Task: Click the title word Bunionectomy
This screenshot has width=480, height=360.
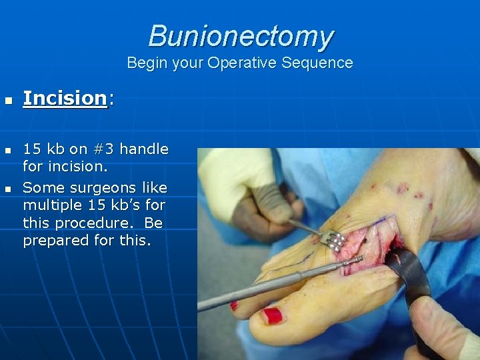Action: coord(241,36)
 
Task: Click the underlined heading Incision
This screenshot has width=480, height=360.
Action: coord(65,98)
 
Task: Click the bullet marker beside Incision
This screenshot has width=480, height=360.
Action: coord(7,100)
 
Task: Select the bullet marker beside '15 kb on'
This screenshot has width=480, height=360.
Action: coord(7,150)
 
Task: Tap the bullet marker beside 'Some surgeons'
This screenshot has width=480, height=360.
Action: coord(7,189)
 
